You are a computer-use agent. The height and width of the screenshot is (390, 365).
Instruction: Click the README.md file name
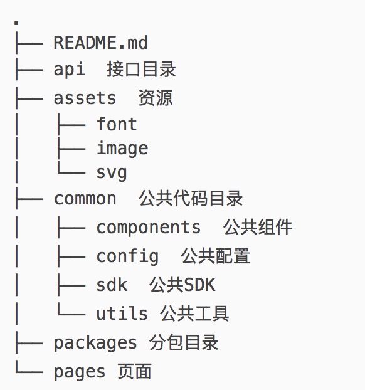tap(101, 43)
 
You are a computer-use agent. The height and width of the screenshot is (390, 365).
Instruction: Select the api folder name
tap(69, 69)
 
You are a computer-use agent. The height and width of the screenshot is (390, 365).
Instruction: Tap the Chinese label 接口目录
tap(141, 70)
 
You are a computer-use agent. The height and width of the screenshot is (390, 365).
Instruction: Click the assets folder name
tap(85, 98)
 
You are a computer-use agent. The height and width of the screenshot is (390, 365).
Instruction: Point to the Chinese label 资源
tap(156, 98)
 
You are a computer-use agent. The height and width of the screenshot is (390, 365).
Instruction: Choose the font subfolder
tap(117, 124)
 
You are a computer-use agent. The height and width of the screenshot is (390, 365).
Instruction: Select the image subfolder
tap(122, 148)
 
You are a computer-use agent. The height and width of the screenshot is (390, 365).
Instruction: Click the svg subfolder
tap(112, 173)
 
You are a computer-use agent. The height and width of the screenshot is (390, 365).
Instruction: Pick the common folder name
tap(85, 199)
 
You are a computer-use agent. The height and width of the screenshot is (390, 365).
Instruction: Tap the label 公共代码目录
tap(191, 199)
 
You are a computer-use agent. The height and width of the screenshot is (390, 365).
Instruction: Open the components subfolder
tap(148, 228)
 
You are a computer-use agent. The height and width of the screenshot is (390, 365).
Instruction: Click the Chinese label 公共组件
tap(258, 227)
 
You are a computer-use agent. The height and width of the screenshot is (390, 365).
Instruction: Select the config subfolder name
tap(127, 256)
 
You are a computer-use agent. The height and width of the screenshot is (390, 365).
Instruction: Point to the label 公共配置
tap(216, 256)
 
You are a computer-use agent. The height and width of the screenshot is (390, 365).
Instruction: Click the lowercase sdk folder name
tap(112, 285)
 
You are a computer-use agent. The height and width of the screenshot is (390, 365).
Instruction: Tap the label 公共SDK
tap(182, 285)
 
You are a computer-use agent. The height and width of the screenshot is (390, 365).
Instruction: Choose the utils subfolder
tap(122, 313)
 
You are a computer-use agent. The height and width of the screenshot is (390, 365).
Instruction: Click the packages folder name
tap(95, 343)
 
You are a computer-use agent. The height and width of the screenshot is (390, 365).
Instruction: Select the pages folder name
tap(80, 372)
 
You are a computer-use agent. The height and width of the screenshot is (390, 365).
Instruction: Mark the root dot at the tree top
tap(16, 23)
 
